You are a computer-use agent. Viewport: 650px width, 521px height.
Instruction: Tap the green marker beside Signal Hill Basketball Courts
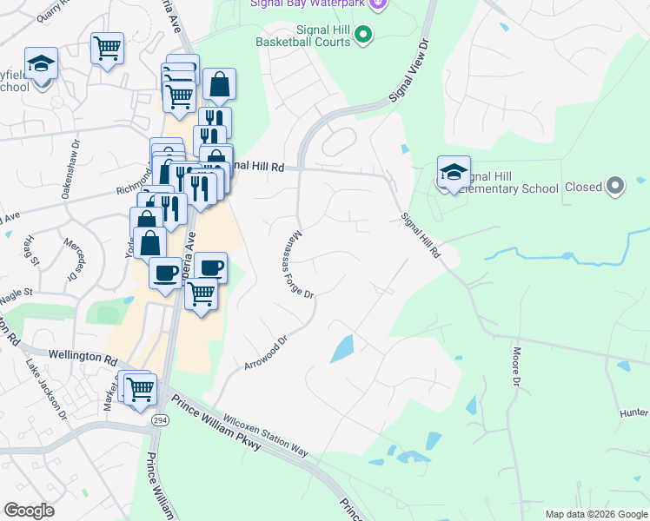365,35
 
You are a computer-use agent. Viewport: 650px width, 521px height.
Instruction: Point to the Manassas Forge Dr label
301,266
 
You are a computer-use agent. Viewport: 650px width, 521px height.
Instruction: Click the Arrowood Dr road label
266,352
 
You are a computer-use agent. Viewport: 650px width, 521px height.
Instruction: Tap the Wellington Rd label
83,358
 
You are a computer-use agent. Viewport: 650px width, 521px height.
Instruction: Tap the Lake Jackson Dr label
46,390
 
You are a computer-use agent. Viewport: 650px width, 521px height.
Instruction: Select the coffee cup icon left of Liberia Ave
165,274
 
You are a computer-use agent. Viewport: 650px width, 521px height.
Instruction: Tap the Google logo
29,511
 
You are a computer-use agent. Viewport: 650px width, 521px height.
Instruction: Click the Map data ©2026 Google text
595,514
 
